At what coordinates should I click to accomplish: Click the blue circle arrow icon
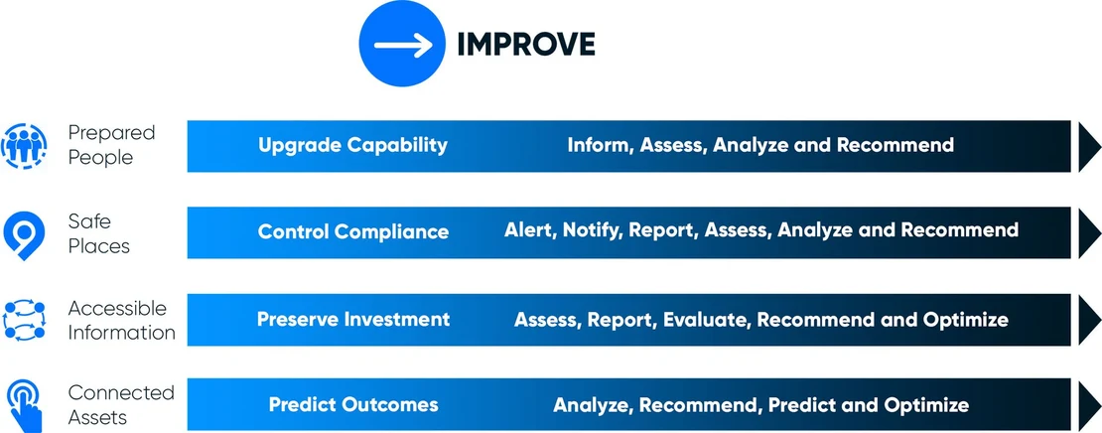click(x=401, y=45)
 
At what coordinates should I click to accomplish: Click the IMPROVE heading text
click(x=526, y=45)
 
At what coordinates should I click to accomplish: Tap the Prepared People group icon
click(x=24, y=146)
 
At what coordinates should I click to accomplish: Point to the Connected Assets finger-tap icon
click(x=25, y=405)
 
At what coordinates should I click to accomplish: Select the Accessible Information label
click(x=121, y=320)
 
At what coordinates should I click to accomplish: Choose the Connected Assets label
click(x=121, y=405)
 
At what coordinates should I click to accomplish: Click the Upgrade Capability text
click(x=352, y=146)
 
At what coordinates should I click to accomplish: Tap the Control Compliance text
click(x=353, y=232)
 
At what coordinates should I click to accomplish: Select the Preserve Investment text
click(x=353, y=319)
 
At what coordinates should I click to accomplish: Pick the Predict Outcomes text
click(x=353, y=405)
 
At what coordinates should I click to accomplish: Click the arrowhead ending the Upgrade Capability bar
click(x=1090, y=146)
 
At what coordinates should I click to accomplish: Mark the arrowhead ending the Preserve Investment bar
click(x=1090, y=320)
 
